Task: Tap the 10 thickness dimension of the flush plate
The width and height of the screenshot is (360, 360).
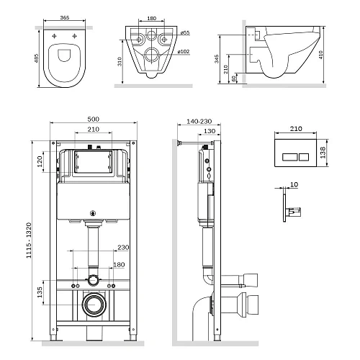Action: (x=294, y=185)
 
